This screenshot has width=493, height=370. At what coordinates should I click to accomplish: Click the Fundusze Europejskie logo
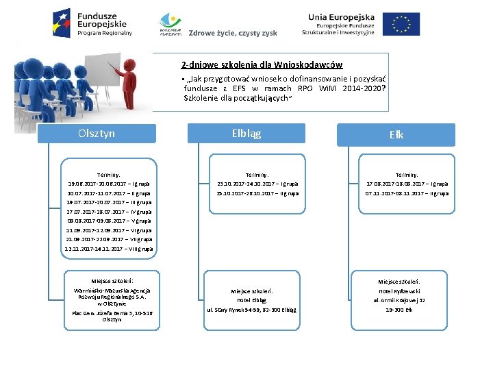92,23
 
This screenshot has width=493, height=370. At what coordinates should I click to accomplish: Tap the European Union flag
401,23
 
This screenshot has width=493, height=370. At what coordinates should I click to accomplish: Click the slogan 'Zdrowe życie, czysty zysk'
233,33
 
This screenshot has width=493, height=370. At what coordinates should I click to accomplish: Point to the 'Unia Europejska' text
341,16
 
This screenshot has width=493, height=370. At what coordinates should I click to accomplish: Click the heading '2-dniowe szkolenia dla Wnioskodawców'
262,65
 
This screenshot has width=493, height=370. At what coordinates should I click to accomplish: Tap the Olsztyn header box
97,134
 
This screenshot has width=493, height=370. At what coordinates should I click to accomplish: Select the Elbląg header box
246,134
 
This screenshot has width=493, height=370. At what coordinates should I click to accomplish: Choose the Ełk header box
396,135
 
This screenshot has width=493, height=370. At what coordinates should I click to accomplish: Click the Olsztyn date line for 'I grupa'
109,184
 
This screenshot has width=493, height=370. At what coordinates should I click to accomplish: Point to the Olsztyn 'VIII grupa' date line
109,249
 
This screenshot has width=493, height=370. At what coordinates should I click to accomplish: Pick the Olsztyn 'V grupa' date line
109,221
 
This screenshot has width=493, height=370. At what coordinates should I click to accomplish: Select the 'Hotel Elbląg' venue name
251,300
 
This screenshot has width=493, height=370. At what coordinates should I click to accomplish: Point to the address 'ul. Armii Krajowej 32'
399,300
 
